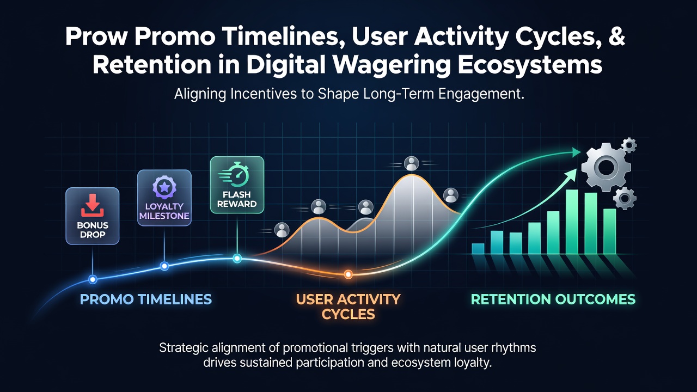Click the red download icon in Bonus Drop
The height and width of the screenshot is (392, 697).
(x=93, y=205)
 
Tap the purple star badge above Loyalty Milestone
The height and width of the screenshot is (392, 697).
(x=164, y=187)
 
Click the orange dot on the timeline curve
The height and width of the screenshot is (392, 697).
(x=348, y=274)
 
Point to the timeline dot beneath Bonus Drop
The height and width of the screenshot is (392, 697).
(x=93, y=279)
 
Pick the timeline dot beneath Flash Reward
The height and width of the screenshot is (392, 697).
(x=237, y=258)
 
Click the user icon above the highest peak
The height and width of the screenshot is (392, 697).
(x=411, y=163)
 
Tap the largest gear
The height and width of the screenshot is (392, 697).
(x=606, y=167)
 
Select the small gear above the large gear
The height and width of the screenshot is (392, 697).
(x=629, y=145)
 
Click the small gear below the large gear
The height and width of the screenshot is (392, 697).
(x=625, y=198)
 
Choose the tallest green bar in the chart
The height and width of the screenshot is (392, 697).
(x=572, y=222)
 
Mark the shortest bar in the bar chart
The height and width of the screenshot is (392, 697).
(x=478, y=249)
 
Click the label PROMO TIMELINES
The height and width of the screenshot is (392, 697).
(x=146, y=299)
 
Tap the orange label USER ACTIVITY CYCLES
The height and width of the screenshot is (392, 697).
(x=348, y=307)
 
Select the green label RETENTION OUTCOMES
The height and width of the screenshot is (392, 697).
(x=553, y=299)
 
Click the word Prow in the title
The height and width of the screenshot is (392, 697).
(x=96, y=36)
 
